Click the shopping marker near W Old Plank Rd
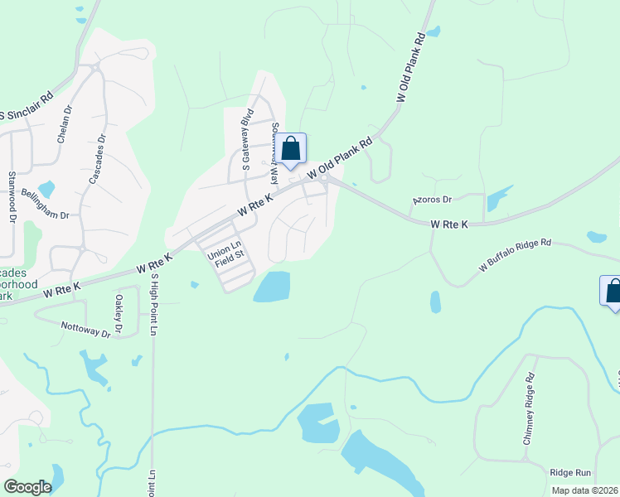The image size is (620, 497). click(291, 150)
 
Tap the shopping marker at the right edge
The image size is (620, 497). click(613, 292)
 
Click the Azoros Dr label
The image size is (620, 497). click(432, 200)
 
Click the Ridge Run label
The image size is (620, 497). click(571, 472)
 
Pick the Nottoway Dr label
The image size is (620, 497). click(86, 329)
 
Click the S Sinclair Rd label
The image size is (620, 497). click(27, 105)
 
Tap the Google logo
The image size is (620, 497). click(27, 486)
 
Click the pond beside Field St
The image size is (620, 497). click(272, 287)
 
